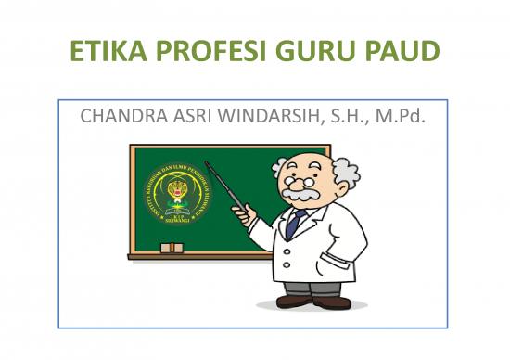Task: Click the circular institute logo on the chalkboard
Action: pos(171,199)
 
